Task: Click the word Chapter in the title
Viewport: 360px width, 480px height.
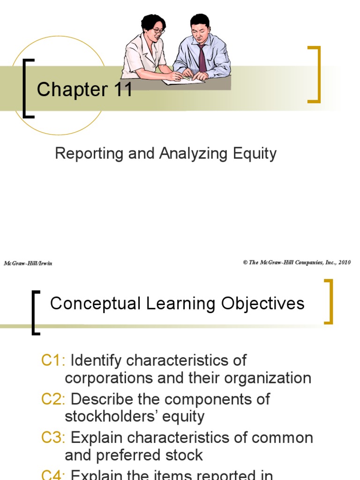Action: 72,90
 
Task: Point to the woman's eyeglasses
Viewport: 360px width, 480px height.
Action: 158,31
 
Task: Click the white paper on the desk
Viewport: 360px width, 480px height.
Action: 183,81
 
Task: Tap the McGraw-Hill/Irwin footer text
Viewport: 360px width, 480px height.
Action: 28,263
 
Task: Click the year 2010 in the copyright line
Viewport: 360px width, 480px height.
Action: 344,262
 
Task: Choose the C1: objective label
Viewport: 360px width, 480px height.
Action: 54,361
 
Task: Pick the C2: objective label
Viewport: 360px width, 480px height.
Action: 54,399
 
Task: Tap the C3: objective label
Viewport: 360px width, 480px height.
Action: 54,438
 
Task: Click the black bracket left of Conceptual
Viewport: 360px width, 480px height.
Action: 35,313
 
